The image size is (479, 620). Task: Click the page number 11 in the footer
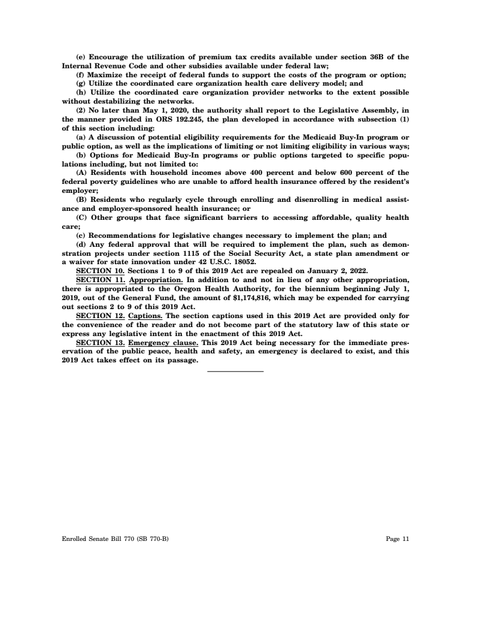pos(406,539)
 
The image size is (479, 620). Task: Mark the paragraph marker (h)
pos(81,92)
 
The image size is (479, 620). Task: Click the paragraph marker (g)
pos(81,84)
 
